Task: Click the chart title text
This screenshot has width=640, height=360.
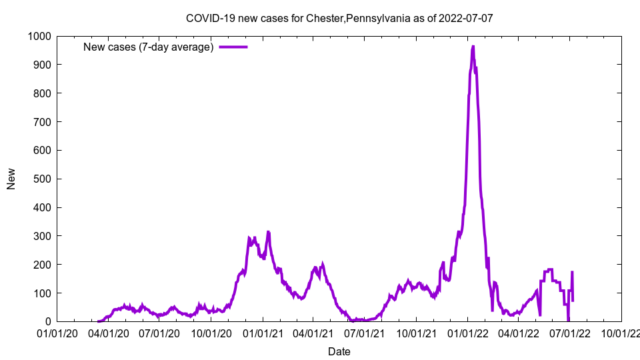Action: [339, 18]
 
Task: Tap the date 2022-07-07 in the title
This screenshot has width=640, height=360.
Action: [465, 18]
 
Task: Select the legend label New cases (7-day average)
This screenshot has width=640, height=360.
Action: [148, 47]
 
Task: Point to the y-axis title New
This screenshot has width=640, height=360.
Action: [11, 179]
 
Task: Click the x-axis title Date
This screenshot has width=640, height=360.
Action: [339, 351]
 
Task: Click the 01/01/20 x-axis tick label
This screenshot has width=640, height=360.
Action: [57, 333]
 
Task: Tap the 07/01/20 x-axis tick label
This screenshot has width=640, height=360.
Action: [159, 333]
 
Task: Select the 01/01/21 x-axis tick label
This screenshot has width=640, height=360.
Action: [263, 333]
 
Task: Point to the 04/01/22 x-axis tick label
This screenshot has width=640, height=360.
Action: [519, 333]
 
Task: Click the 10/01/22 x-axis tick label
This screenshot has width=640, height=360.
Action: [621, 333]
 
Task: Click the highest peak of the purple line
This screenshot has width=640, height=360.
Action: [473, 47]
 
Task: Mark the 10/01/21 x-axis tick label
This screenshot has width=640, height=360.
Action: [416, 333]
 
